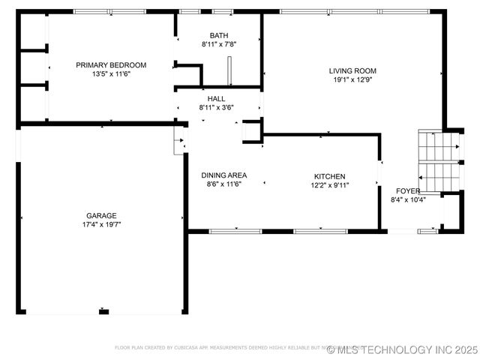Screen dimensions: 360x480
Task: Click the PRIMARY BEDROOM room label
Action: pyautogui.click(x=111, y=65)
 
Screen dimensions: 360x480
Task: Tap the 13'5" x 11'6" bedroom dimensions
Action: pyautogui.click(x=111, y=74)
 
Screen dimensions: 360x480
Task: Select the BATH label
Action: pyautogui.click(x=219, y=35)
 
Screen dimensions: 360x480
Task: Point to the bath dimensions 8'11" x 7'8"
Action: pyautogui.click(x=219, y=45)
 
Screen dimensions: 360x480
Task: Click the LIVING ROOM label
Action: pyautogui.click(x=352, y=71)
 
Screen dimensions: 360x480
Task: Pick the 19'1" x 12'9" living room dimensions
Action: pyautogui.click(x=352, y=80)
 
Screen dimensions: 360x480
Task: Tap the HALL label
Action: pyautogui.click(x=216, y=98)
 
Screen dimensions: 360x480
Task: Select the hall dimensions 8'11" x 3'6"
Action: pyautogui.click(x=216, y=107)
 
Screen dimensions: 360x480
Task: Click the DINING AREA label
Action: pyautogui.click(x=223, y=175)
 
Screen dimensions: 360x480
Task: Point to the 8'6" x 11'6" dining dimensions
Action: pyautogui.click(x=223, y=184)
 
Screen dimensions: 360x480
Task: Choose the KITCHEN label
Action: pyautogui.click(x=330, y=176)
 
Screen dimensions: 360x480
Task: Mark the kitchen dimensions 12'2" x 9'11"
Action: pyautogui.click(x=330, y=185)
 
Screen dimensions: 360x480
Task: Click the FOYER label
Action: pyautogui.click(x=408, y=190)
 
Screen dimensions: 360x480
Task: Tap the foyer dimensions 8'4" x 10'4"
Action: pyautogui.click(x=408, y=200)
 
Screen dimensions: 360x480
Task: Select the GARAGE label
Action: pyautogui.click(x=100, y=215)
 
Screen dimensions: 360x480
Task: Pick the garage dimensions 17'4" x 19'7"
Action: pyautogui.click(x=100, y=224)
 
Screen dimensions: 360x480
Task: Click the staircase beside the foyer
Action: pyautogui.click(x=439, y=161)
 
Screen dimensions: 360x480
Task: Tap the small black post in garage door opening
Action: pyautogui.click(x=103, y=311)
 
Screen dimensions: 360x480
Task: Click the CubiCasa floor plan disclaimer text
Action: pyautogui.click(x=217, y=348)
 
